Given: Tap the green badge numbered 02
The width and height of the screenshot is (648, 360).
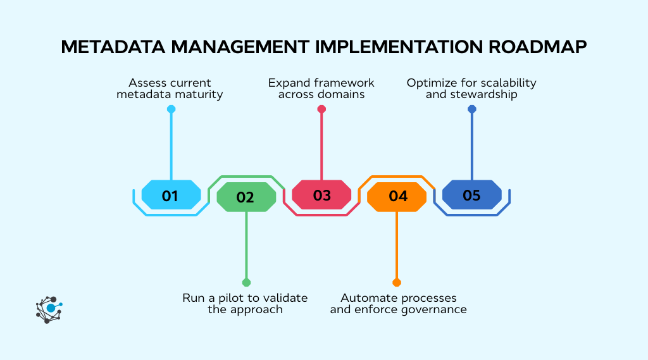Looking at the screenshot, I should [x=246, y=197].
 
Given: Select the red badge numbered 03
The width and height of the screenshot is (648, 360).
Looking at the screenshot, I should [x=321, y=195].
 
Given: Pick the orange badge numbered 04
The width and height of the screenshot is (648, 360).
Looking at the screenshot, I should [x=397, y=197].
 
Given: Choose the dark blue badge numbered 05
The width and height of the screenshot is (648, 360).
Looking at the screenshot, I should [x=471, y=195].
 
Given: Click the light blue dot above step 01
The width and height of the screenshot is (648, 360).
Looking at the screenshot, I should [x=171, y=109].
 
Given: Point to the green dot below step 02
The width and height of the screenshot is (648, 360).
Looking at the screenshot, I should [x=246, y=282].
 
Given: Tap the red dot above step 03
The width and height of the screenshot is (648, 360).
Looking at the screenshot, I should [x=321, y=109].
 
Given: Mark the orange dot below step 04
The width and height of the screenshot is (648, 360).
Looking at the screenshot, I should [x=397, y=282].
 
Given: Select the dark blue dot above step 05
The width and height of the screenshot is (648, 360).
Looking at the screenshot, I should [x=471, y=109].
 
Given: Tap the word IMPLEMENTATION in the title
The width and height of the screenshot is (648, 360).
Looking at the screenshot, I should [x=386, y=48].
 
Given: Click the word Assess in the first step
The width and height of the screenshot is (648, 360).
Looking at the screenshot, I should [x=148, y=83].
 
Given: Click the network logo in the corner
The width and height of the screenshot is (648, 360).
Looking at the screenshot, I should [x=49, y=309].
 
